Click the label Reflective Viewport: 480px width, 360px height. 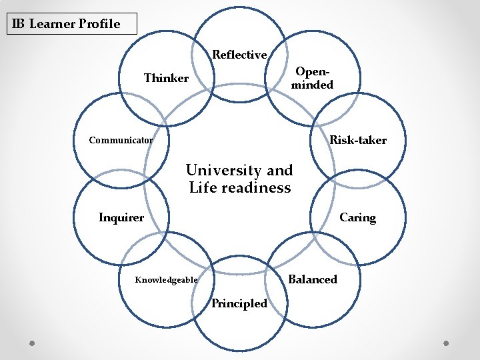click(x=239, y=55)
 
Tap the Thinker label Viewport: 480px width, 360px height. click(x=166, y=78)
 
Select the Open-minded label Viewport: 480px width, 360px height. click(x=312, y=77)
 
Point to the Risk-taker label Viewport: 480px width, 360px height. click(x=358, y=140)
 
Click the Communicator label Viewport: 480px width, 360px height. click(x=121, y=140)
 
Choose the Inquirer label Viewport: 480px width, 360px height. click(x=121, y=217)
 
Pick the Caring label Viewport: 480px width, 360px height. click(x=358, y=217)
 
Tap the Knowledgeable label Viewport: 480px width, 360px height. click(x=166, y=280)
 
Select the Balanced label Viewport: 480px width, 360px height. click(x=313, y=279)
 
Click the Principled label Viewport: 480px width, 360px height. click(x=239, y=303)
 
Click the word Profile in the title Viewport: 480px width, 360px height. click(x=99, y=24)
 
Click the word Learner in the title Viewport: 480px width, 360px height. click(x=53, y=24)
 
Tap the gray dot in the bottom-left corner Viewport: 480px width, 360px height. click(x=32, y=343)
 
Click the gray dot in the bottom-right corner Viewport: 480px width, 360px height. click(x=447, y=343)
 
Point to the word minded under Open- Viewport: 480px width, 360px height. click(x=312, y=85)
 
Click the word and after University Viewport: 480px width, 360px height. click(x=280, y=171)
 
